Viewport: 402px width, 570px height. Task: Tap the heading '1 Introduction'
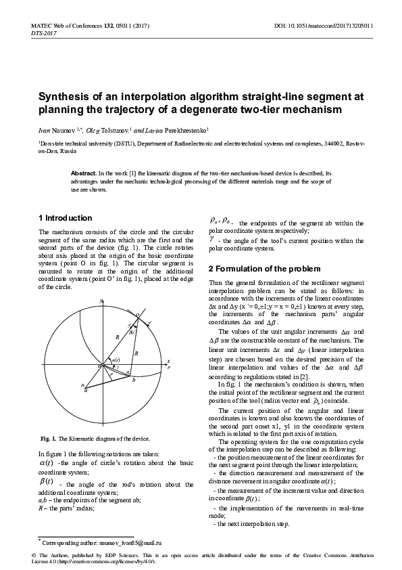tap(65, 218)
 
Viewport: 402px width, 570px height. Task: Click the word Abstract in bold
tap(84, 174)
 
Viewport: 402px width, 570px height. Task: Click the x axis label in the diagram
tap(168, 361)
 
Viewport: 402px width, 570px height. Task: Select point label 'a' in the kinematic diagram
tap(86, 390)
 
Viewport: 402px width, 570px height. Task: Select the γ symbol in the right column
tap(212, 238)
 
